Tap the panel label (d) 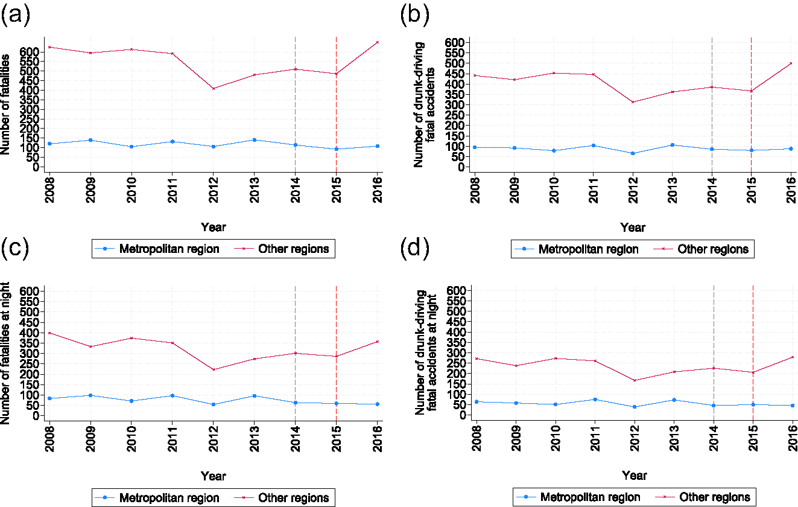click(415, 249)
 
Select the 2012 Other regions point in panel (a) click(214, 89)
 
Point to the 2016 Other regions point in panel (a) click(378, 42)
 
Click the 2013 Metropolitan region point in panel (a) click(255, 140)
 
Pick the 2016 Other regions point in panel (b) click(791, 63)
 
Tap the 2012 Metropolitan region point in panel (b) click(633, 153)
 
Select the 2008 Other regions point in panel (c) click(49, 333)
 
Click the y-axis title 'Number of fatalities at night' click(7, 352)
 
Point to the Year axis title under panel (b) click(633, 228)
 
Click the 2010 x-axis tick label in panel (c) click(131, 439)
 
